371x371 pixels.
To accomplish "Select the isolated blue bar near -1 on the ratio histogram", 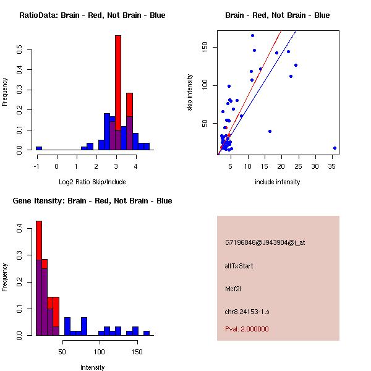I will click(x=39, y=148).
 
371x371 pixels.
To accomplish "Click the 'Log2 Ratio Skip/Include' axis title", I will click(x=92, y=182).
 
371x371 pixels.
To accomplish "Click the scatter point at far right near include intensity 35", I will click(x=335, y=148).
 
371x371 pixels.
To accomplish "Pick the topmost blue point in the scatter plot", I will click(x=252, y=35).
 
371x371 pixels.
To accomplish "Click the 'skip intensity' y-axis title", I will click(x=190, y=93).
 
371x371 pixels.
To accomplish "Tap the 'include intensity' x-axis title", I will click(x=278, y=182).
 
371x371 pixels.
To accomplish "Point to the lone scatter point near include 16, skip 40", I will click(x=270, y=131).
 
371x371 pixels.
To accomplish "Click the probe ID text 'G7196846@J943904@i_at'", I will click(x=265, y=242).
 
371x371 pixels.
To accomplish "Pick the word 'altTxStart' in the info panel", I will click(x=239, y=266).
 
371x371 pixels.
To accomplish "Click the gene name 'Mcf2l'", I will click(x=233, y=288).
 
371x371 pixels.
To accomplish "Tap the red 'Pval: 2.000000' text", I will click(x=247, y=329).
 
